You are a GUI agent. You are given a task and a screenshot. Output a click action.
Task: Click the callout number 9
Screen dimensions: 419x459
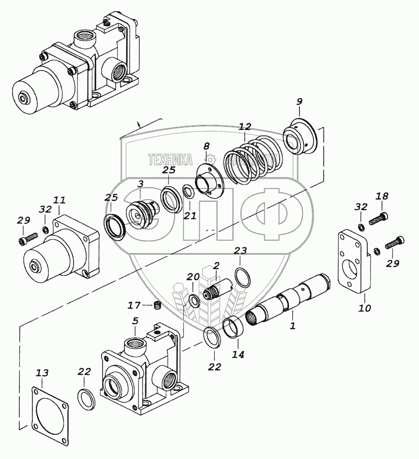point(299,101)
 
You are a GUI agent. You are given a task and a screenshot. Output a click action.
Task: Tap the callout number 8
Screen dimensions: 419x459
point(207,146)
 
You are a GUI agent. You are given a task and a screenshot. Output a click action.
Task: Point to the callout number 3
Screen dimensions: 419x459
point(140,184)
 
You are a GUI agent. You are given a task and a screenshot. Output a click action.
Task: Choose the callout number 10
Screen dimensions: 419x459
point(365,307)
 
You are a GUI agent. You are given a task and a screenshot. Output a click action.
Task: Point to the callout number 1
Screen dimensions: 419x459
point(292,327)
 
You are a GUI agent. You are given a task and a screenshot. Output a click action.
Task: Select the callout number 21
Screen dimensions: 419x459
point(190,215)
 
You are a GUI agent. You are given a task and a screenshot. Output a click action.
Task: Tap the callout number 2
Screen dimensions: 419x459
point(216,265)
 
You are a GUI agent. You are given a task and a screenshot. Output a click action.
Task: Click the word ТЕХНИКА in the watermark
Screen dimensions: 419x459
point(170,159)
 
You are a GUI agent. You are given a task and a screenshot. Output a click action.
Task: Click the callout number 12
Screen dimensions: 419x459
point(245,127)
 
